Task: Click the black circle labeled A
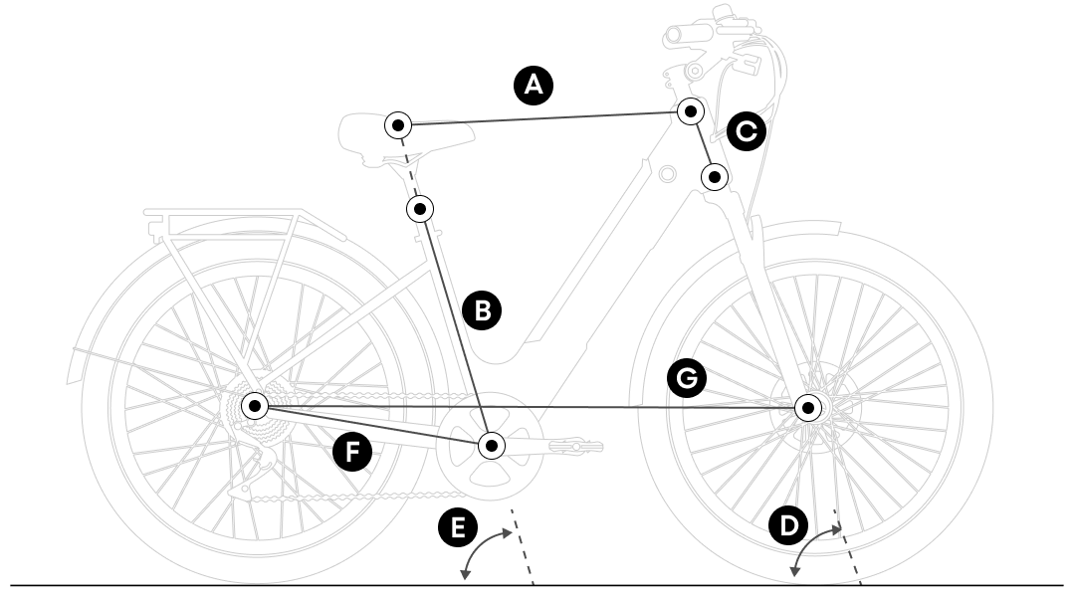(x=534, y=86)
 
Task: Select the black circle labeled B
(x=484, y=308)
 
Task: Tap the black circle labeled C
(x=747, y=130)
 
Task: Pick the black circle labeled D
(x=788, y=526)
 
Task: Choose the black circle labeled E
(x=457, y=526)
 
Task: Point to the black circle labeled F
(x=351, y=454)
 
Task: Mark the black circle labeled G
(x=686, y=377)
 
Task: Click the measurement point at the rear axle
(x=256, y=406)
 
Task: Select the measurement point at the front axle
(x=808, y=407)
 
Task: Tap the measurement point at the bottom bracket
(x=491, y=444)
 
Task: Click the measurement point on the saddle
(x=397, y=125)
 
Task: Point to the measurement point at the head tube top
(x=690, y=110)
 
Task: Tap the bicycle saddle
(x=373, y=129)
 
